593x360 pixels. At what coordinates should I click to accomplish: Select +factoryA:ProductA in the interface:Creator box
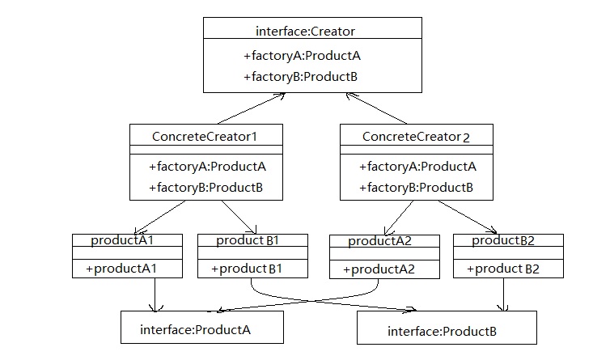pyautogui.click(x=301, y=57)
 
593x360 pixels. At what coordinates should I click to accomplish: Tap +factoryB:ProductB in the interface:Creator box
pyautogui.click(x=300, y=78)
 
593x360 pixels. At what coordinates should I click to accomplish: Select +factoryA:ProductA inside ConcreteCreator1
pyautogui.click(x=208, y=167)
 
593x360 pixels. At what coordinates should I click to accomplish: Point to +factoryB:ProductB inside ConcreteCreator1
pyautogui.click(x=206, y=188)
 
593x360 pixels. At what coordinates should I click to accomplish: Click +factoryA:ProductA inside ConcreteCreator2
pyautogui.click(x=417, y=167)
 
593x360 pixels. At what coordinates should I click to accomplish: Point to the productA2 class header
pyautogui.click(x=380, y=241)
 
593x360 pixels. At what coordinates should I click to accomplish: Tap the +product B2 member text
pyautogui.click(x=506, y=269)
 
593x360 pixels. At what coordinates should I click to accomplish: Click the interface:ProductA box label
pyautogui.click(x=195, y=329)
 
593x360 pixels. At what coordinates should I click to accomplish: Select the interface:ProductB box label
pyautogui.click(x=442, y=331)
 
